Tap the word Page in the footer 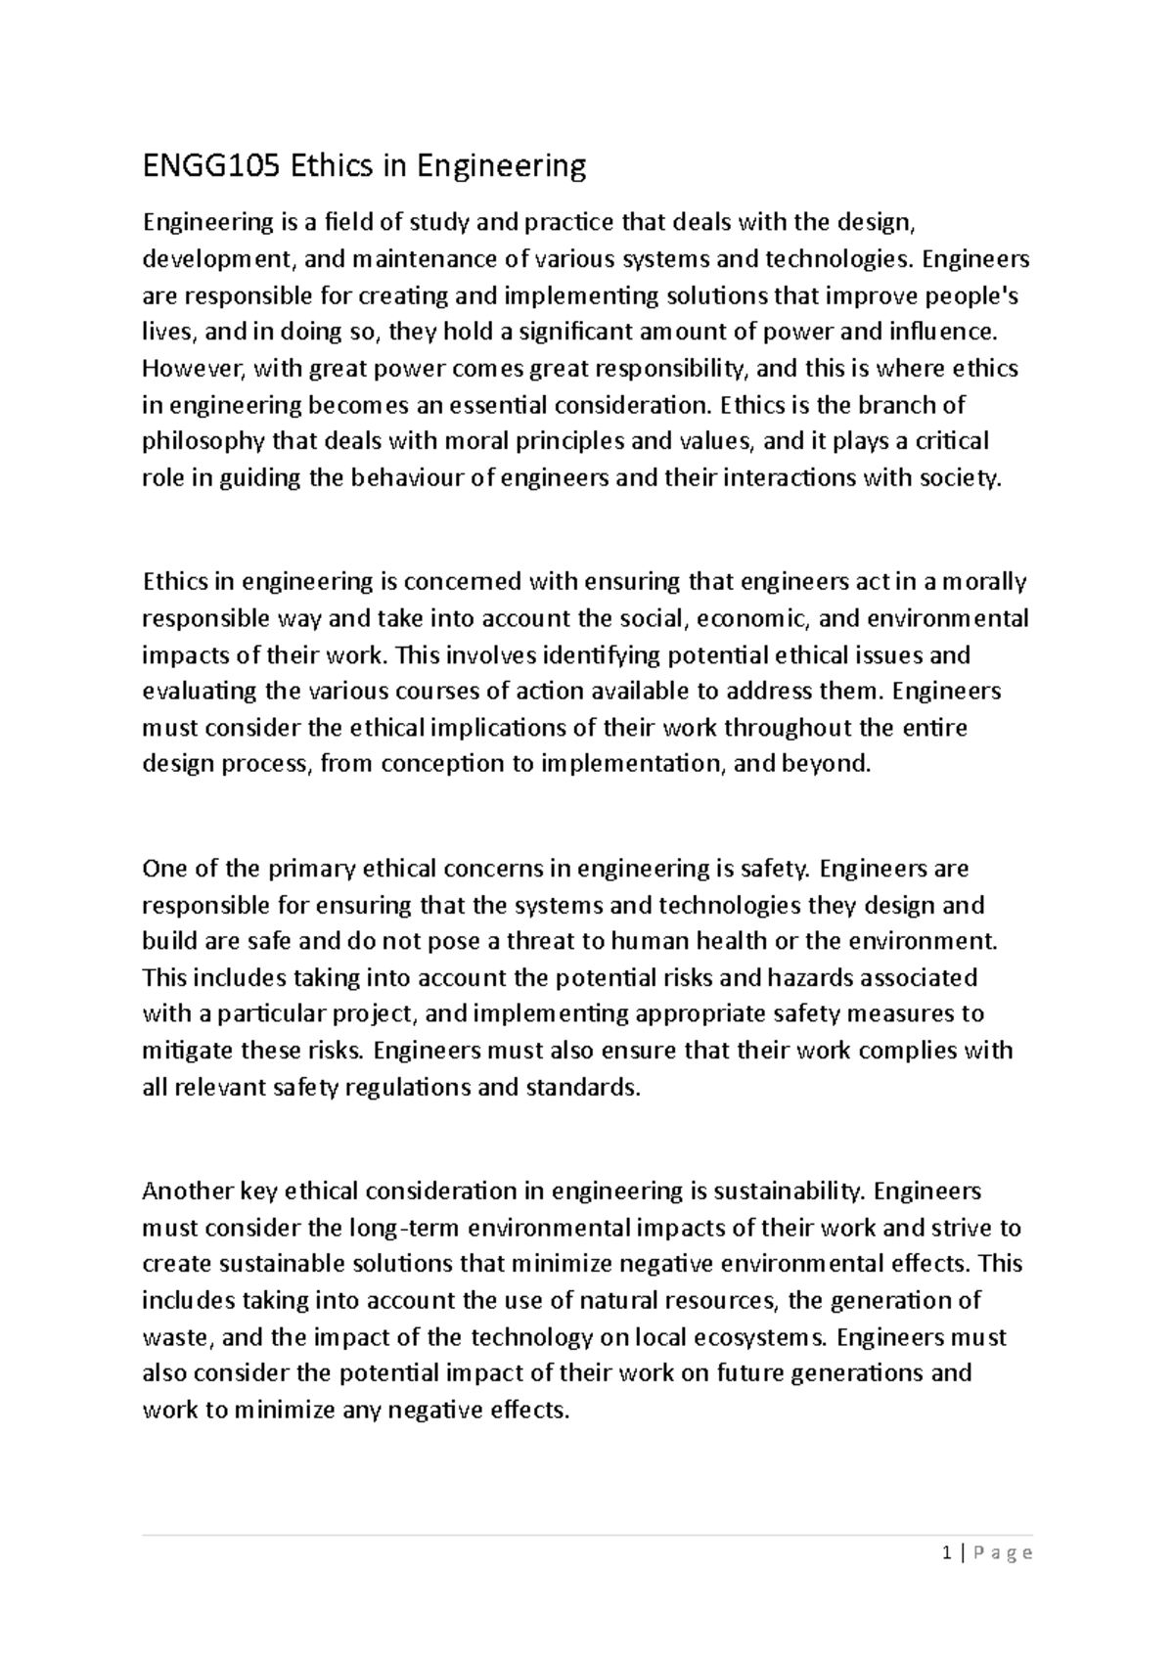click(x=1003, y=1552)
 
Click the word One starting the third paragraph click(x=161, y=869)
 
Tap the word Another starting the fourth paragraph click(x=190, y=1191)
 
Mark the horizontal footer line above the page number click(x=587, y=1535)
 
